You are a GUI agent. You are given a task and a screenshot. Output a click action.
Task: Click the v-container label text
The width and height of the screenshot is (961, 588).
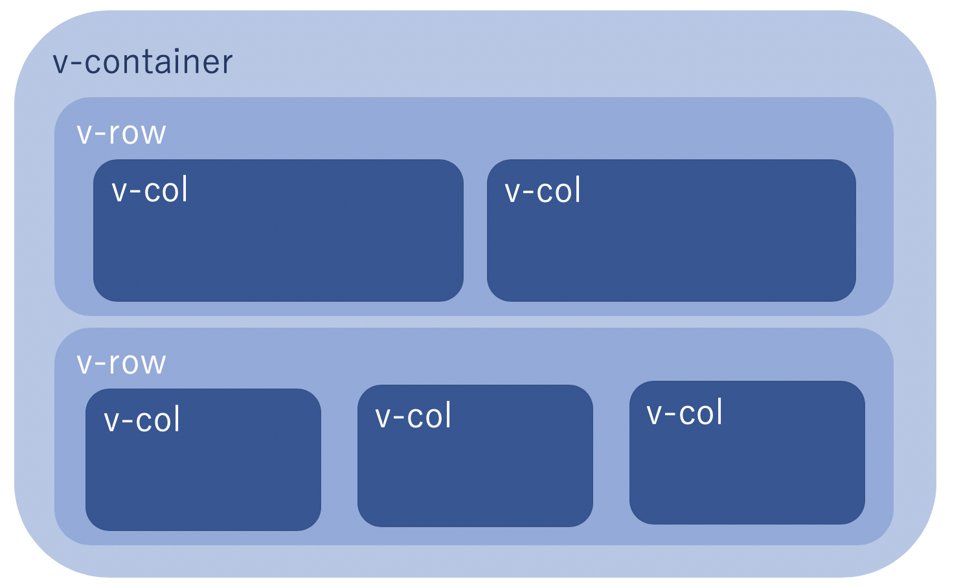pos(142,62)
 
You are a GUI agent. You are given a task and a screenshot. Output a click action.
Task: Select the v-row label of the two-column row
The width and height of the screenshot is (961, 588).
pos(121,133)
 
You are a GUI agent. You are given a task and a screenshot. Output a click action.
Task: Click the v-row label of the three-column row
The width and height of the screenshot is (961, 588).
pos(121,363)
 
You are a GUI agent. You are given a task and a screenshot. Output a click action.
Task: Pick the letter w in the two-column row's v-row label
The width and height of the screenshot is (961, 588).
pos(153,135)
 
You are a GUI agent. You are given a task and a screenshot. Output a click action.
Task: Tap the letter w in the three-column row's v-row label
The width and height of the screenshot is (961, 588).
pos(153,365)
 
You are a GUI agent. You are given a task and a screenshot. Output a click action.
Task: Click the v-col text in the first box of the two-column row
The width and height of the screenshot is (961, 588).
pos(150,190)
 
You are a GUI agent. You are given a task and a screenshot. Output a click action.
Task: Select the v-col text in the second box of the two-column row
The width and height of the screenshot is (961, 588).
pos(543,191)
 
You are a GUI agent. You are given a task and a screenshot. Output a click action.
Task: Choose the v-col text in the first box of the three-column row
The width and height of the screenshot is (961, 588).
pos(142,420)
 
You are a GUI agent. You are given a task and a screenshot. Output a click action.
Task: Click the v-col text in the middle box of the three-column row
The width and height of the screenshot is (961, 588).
pos(413,416)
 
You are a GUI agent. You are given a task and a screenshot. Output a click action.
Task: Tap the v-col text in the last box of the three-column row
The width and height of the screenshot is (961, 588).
pos(684,413)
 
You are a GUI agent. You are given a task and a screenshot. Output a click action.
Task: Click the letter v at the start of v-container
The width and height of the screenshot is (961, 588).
pos(60,64)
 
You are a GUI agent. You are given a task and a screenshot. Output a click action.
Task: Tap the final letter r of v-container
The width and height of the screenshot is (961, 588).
pos(227,64)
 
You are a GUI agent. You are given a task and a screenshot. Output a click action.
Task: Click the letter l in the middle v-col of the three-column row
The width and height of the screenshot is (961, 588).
pos(447,415)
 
